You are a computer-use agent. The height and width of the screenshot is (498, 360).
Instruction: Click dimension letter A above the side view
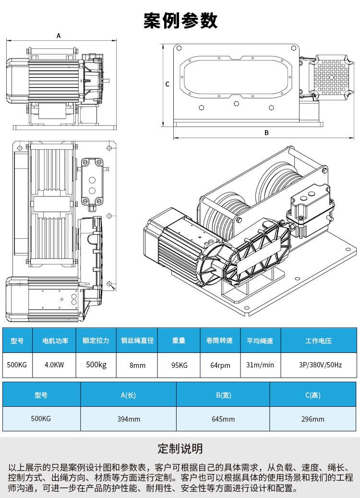click(59, 36)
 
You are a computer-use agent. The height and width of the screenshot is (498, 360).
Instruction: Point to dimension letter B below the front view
click(266, 133)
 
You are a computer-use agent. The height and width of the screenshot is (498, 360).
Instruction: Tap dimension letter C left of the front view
click(168, 84)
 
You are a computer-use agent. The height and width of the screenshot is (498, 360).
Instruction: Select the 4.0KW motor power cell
click(54, 365)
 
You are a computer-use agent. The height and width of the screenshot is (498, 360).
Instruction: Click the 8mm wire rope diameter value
click(137, 365)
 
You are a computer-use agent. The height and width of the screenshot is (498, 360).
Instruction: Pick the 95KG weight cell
click(179, 365)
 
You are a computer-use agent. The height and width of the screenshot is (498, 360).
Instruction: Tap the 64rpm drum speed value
click(220, 365)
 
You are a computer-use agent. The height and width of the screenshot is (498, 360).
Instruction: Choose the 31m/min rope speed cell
click(260, 365)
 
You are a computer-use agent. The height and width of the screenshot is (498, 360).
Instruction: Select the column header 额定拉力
click(96, 340)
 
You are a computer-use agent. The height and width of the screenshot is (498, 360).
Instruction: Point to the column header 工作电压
click(318, 341)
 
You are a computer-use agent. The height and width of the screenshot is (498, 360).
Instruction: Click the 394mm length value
click(129, 419)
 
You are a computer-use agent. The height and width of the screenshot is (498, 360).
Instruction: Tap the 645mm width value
click(223, 419)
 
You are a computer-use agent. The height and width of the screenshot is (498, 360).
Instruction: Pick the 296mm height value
click(312, 419)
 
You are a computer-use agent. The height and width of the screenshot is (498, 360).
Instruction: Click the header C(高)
click(312, 395)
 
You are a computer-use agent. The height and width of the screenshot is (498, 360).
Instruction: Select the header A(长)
click(128, 395)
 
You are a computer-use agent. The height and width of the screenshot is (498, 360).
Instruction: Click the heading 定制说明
click(180, 449)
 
